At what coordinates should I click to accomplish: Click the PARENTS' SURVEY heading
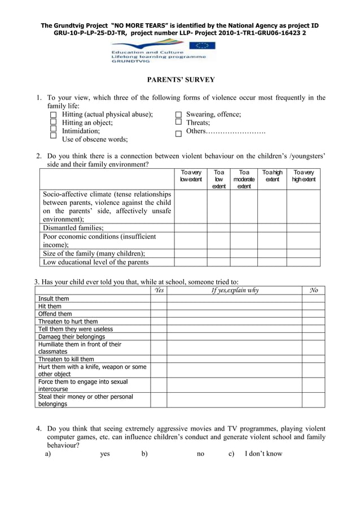click(x=181, y=80)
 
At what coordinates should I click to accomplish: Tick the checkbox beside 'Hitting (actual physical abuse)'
click(x=54, y=115)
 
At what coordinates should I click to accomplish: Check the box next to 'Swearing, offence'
click(x=178, y=115)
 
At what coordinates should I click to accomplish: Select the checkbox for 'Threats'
click(x=178, y=122)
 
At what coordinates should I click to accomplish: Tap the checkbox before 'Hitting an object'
click(x=54, y=122)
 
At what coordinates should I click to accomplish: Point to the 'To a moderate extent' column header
click(x=244, y=179)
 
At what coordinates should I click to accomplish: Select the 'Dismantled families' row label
click(x=73, y=228)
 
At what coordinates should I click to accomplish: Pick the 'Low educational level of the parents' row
click(x=96, y=262)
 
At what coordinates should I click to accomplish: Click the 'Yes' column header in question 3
click(x=159, y=291)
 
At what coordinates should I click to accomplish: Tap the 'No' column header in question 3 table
click(x=313, y=291)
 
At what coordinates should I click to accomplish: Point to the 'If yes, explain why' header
click(x=234, y=291)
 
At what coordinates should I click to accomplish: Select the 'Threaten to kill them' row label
click(x=66, y=359)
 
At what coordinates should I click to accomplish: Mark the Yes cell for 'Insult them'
click(x=159, y=299)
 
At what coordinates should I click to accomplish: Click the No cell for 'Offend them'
click(x=313, y=314)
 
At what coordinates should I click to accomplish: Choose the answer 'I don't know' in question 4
click(x=263, y=454)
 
